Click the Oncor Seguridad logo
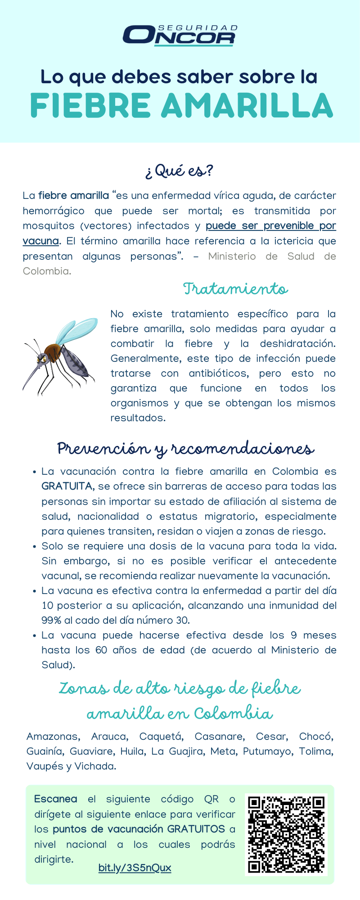(x=180, y=35)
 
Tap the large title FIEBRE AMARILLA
(x=181, y=106)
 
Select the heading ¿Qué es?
(x=179, y=171)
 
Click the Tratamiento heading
(x=235, y=288)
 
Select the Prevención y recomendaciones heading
(x=185, y=449)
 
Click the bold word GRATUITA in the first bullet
(x=67, y=486)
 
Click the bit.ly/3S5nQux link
(x=135, y=868)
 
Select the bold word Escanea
(x=55, y=799)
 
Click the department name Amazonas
(x=53, y=737)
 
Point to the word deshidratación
(x=297, y=344)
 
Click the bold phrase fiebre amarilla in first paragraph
(x=73, y=196)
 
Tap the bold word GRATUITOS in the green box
(x=196, y=829)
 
